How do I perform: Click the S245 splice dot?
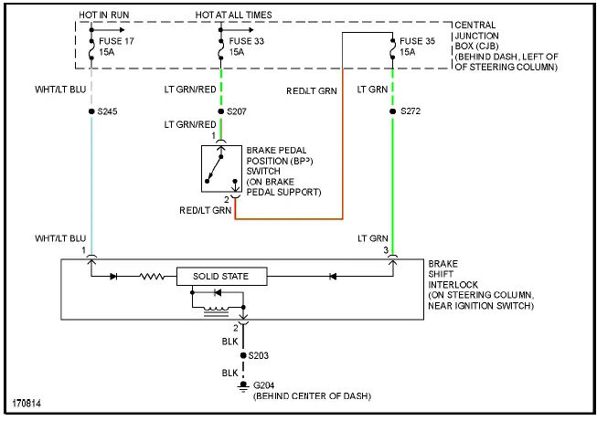(91, 111)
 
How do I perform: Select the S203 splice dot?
(242, 354)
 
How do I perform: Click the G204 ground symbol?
(242, 386)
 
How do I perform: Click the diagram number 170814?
(27, 403)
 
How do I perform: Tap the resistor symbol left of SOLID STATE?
(152, 276)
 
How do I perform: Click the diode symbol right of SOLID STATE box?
(334, 276)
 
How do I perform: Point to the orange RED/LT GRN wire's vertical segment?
(343, 137)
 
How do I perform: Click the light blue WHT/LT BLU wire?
(91, 183)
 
